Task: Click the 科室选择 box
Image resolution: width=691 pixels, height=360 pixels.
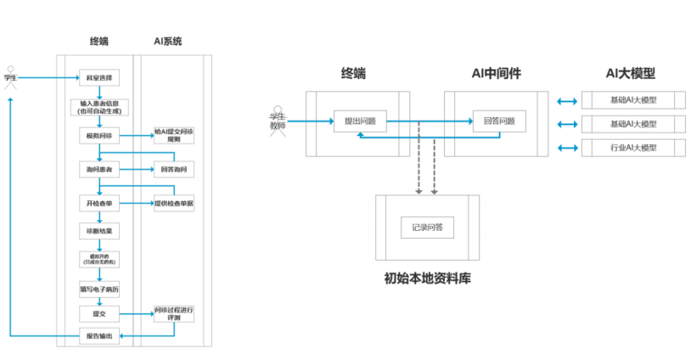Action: (98, 78)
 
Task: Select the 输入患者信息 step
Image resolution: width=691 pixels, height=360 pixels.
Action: (98, 107)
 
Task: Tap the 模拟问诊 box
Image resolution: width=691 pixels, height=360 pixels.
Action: (98, 136)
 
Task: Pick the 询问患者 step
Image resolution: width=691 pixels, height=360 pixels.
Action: (98, 170)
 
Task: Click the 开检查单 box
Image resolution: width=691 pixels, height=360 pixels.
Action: (98, 204)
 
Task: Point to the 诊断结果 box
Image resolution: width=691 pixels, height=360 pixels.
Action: (98, 231)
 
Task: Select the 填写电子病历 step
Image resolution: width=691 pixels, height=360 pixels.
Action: (98, 289)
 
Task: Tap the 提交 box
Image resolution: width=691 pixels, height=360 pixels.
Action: (98, 314)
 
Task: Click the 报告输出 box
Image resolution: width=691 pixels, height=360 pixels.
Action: (98, 337)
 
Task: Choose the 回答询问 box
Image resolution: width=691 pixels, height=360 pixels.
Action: (173, 170)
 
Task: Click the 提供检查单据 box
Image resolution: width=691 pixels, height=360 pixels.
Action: (173, 204)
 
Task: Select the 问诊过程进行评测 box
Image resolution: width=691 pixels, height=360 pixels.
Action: (173, 313)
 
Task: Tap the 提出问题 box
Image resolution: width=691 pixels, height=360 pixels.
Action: (360, 122)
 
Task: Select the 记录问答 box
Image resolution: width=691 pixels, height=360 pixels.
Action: (427, 228)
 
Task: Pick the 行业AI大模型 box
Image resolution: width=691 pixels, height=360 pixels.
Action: (632, 149)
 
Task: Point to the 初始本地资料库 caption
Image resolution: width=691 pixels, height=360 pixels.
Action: (427, 277)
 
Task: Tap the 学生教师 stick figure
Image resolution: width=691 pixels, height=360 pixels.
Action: (276, 121)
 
